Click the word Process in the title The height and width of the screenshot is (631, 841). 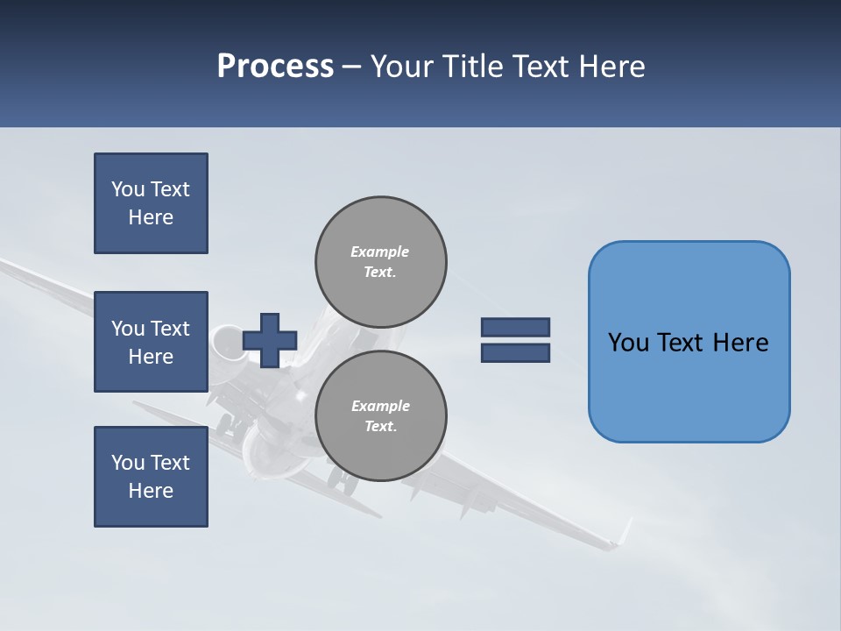pyautogui.click(x=275, y=67)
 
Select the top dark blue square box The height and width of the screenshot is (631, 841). pyautogui.click(x=151, y=203)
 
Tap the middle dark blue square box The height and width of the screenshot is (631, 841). pyautogui.click(x=151, y=342)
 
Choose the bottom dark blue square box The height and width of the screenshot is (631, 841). pyautogui.click(x=151, y=477)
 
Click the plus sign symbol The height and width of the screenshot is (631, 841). pyautogui.click(x=270, y=340)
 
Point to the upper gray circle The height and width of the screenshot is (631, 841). pyautogui.click(x=381, y=261)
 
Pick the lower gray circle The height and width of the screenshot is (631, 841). pyautogui.click(x=381, y=415)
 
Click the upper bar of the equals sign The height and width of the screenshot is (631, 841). pyautogui.click(x=515, y=327)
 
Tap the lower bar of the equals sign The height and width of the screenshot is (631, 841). pyautogui.click(x=515, y=353)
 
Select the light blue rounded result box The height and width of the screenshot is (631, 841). pyautogui.click(x=689, y=341)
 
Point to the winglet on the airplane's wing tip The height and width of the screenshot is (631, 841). pyautogui.click(x=623, y=533)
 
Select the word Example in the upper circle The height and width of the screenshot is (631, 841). pyautogui.click(x=380, y=252)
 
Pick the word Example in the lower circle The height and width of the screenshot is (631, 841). pyautogui.click(x=380, y=406)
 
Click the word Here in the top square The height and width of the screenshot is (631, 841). pyautogui.click(x=151, y=217)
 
